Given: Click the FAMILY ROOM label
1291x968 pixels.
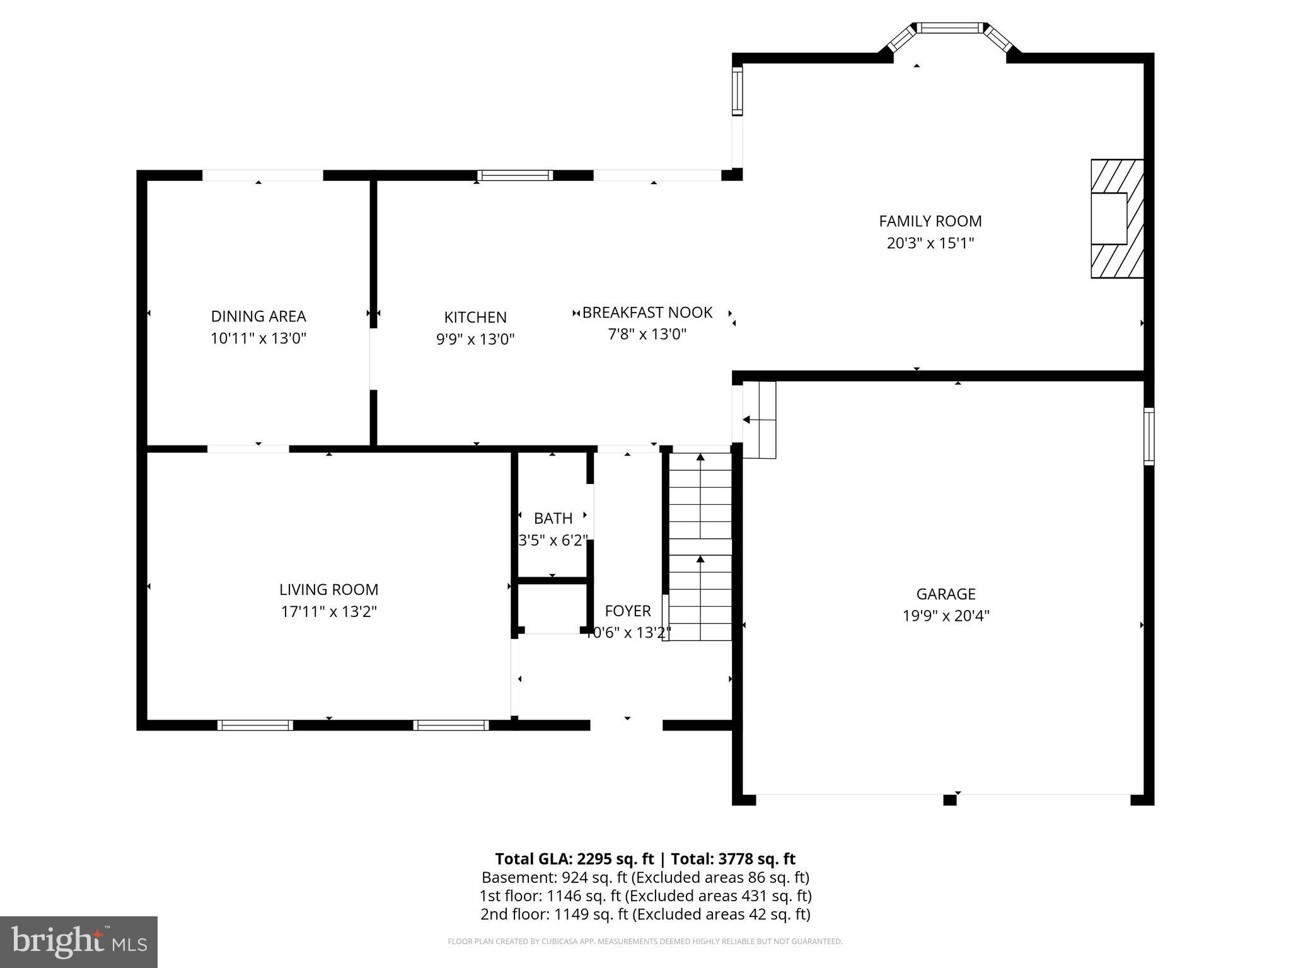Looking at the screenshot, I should click(x=930, y=221).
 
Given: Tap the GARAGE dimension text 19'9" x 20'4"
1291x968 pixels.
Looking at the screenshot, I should click(x=946, y=616).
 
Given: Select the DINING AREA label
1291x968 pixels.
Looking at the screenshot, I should click(x=258, y=316).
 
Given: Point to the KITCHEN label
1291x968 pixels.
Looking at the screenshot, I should click(x=475, y=317).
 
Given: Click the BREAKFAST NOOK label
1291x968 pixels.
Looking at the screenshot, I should click(x=647, y=313).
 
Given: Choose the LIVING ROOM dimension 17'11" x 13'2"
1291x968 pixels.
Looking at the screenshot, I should click(x=328, y=611).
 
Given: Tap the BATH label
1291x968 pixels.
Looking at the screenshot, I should click(x=553, y=518).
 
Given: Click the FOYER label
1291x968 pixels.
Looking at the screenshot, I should click(x=627, y=611).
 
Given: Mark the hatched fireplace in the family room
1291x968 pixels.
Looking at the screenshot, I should click(x=1117, y=219).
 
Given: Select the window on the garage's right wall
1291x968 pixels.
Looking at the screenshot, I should click(x=1149, y=436).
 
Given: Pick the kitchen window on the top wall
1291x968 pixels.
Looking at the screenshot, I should click(x=514, y=175).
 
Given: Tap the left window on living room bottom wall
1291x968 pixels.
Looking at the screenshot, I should click(x=255, y=725).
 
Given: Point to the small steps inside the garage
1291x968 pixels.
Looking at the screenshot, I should click(x=759, y=420).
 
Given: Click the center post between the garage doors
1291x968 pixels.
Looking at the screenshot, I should click(x=949, y=800).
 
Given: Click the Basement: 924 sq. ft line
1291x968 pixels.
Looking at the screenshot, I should click(x=645, y=877).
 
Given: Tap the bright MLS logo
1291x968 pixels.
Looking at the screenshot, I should click(x=78, y=942).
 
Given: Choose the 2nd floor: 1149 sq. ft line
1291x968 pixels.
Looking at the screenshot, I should click(x=645, y=914).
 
